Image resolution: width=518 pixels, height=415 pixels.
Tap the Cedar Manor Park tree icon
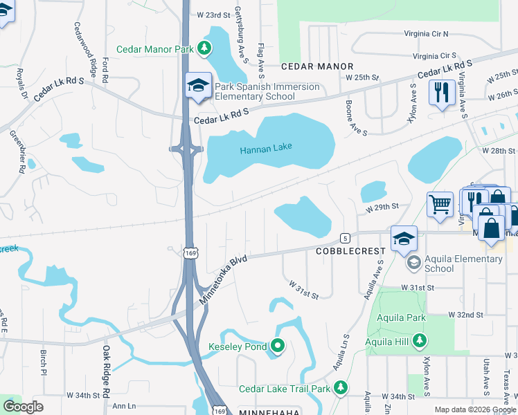204,48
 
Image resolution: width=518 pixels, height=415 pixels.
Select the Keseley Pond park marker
278,346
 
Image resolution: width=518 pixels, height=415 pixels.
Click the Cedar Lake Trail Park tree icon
340,388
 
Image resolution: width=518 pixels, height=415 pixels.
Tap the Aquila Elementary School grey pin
413,262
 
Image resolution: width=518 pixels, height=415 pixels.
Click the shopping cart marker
440,204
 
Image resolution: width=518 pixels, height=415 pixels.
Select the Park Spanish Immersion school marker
197,86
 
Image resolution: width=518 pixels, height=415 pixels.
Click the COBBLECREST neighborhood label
350,252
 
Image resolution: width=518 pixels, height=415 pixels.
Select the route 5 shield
345,238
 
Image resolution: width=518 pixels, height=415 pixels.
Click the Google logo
23,407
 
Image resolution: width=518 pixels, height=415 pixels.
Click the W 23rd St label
213,15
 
